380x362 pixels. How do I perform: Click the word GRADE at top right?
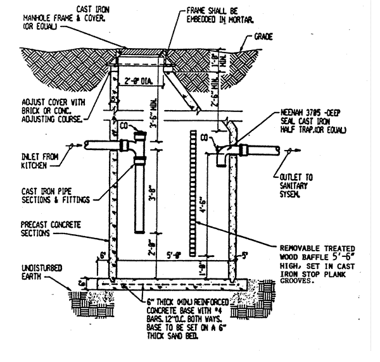pyautogui.click(x=263, y=37)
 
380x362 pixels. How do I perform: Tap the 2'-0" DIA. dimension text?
pyautogui.click(x=138, y=81)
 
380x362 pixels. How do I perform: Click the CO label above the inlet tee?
pyautogui.click(x=125, y=125)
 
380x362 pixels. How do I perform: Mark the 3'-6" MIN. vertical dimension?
pyautogui.click(x=154, y=120)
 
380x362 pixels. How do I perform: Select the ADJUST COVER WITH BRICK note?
pyautogui.click(x=45, y=109)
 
